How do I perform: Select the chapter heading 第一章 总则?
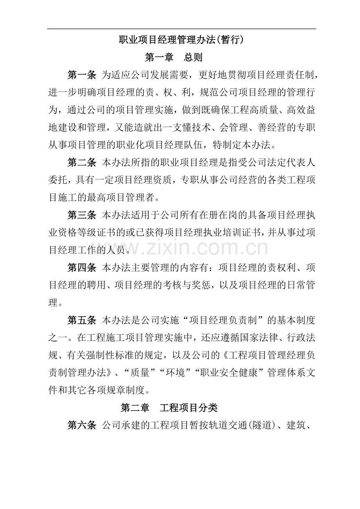click(174, 57)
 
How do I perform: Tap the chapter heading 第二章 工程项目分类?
click(169, 408)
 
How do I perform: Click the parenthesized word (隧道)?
click(258, 425)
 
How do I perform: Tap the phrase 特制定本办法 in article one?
click(243, 145)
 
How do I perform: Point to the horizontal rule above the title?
click(182, 29)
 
